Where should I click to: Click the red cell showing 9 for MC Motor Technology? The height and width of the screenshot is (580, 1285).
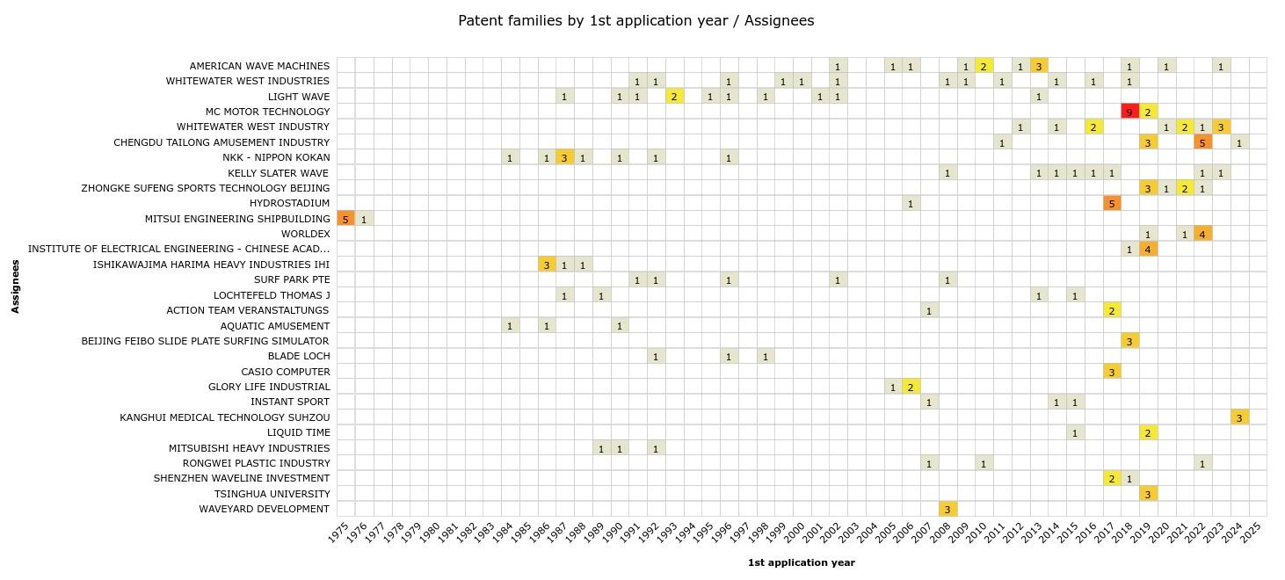pyautogui.click(x=1129, y=112)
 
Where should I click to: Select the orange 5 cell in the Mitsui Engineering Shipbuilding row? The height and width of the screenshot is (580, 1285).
pyautogui.click(x=345, y=219)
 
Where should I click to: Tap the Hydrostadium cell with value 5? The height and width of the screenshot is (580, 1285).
pyautogui.click(x=1111, y=204)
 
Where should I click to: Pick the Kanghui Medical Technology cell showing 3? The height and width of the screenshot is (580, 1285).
pyautogui.click(x=1239, y=417)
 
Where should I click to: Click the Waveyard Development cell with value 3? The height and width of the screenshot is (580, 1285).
pyautogui.click(x=947, y=509)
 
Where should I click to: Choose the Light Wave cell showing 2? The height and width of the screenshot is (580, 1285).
pyautogui.click(x=674, y=97)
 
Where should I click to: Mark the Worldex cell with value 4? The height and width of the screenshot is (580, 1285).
pyautogui.click(x=1202, y=234)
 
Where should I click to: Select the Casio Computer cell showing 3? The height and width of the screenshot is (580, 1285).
pyautogui.click(x=1111, y=372)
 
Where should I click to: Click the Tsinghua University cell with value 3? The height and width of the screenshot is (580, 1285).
pyautogui.click(x=1148, y=494)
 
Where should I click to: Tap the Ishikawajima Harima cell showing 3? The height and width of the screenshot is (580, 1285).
pyautogui.click(x=547, y=265)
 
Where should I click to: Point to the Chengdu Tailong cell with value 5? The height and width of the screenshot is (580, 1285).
pyautogui.click(x=1202, y=142)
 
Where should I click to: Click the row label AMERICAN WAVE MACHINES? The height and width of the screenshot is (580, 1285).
pyautogui.click(x=259, y=66)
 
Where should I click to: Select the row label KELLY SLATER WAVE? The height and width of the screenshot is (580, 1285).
pyautogui.click(x=278, y=173)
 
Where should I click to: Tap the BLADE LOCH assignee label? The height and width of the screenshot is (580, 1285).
pyautogui.click(x=298, y=356)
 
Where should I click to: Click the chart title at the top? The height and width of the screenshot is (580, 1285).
pyautogui.click(x=635, y=20)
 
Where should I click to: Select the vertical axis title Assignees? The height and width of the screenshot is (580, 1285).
pyautogui.click(x=16, y=286)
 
